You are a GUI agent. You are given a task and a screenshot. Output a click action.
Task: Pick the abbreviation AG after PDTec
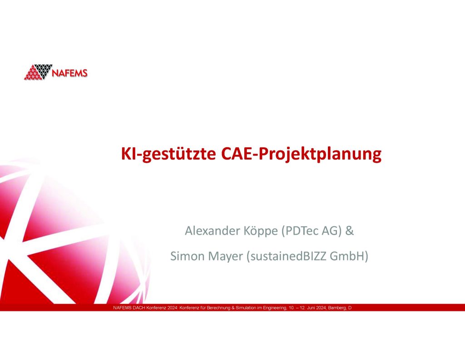(x=329, y=231)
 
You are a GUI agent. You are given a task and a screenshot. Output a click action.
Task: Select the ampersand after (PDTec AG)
(x=350, y=231)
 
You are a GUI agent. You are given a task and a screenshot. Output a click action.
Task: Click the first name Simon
(x=186, y=256)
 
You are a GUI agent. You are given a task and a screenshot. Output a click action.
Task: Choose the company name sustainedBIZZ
(x=287, y=256)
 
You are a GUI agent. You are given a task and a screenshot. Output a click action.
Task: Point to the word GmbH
(x=350, y=256)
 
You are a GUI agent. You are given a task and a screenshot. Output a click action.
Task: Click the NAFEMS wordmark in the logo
(x=70, y=73)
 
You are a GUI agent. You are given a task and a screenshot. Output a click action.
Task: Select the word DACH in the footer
(x=138, y=308)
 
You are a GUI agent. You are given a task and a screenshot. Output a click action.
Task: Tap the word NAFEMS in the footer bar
(x=121, y=308)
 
